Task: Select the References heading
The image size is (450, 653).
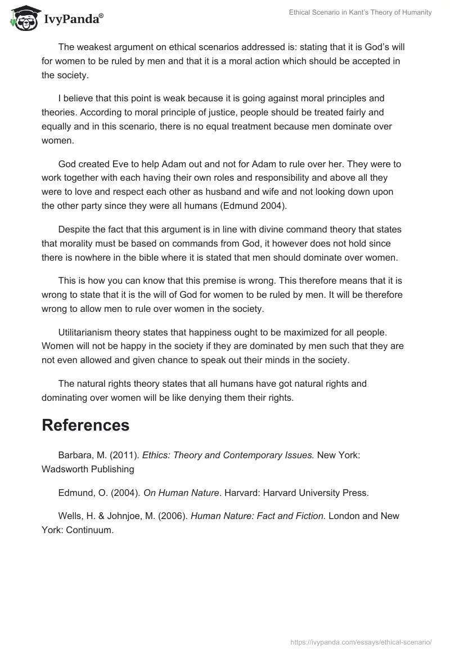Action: (x=85, y=425)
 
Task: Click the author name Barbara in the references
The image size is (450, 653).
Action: (x=76, y=455)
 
